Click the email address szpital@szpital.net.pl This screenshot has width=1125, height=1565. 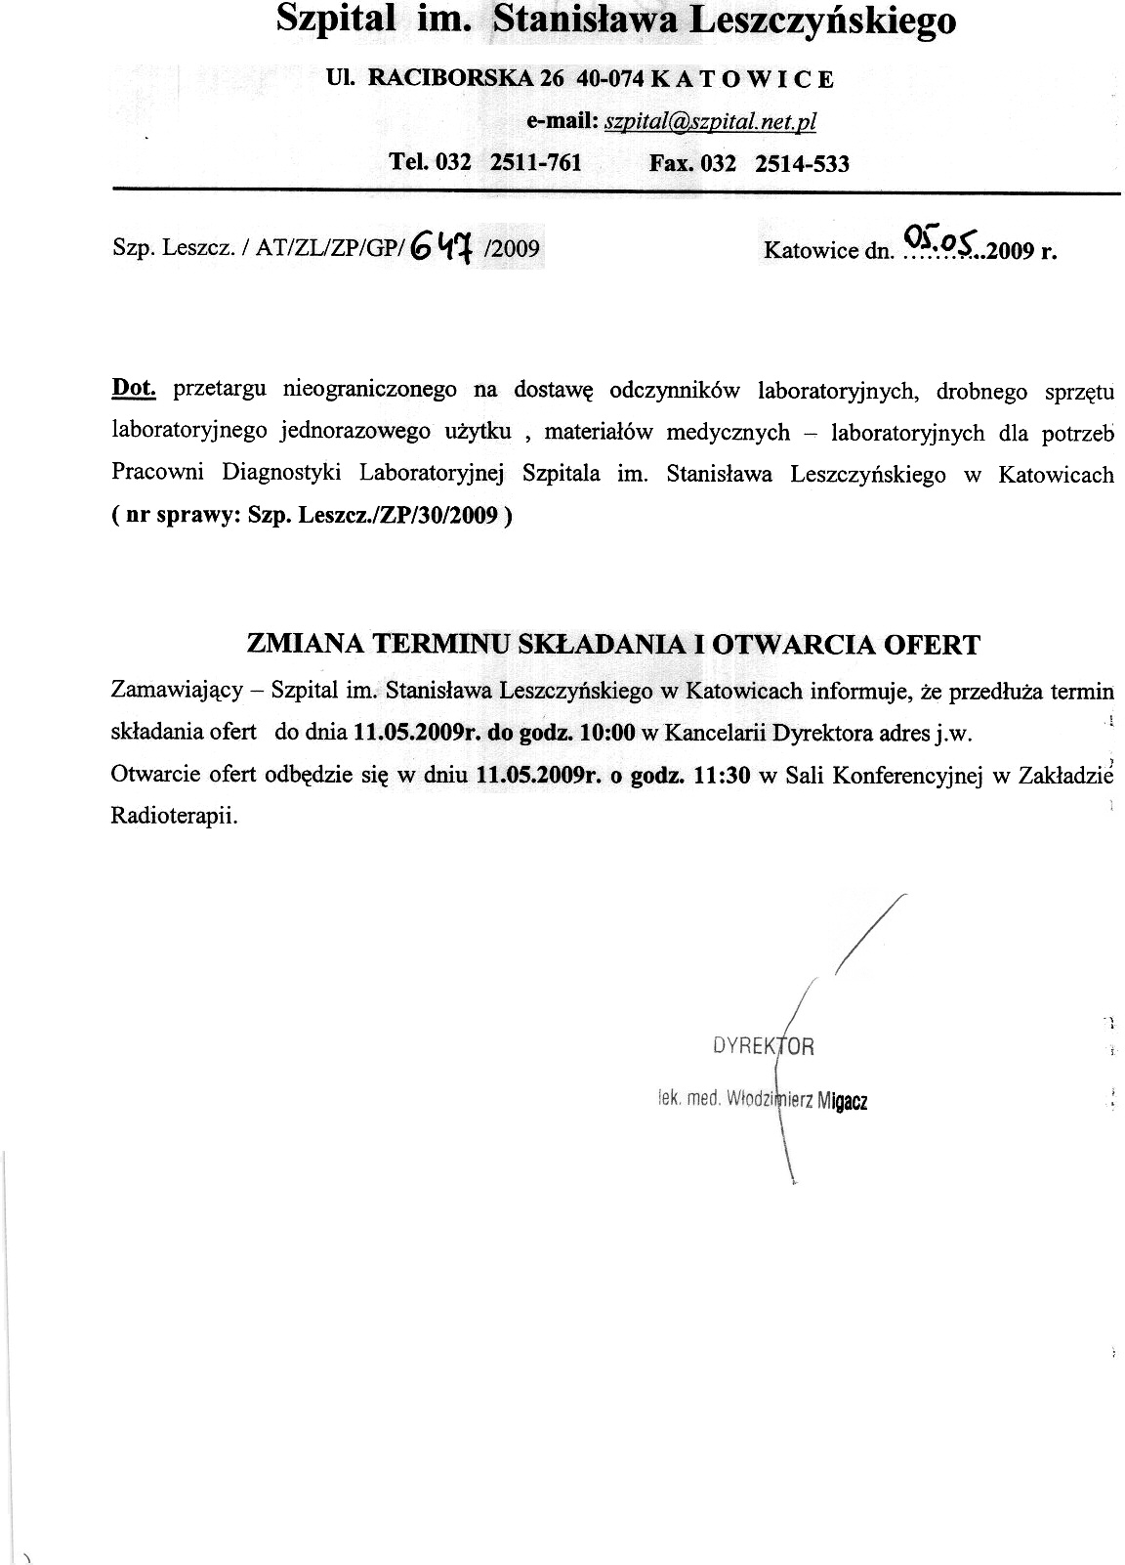tap(710, 121)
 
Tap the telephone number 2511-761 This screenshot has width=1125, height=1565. tap(535, 162)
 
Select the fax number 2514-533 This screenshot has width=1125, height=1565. tap(802, 163)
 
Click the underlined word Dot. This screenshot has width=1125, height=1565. tap(134, 388)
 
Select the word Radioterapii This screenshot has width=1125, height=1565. tap(175, 816)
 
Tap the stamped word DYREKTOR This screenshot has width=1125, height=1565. tap(764, 1047)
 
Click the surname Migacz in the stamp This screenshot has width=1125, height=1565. tap(843, 1101)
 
